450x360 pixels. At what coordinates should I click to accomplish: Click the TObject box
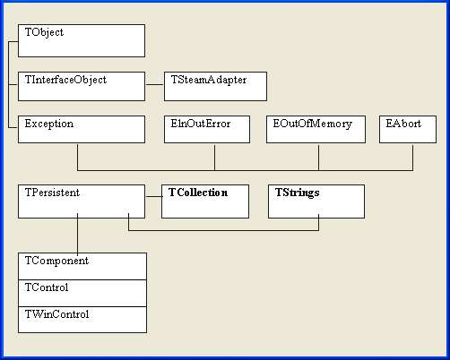pyautogui.click(x=82, y=40)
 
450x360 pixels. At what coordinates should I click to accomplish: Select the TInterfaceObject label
pyautogui.click(x=65, y=80)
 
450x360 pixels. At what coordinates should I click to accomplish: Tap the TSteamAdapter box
pyautogui.click(x=215, y=86)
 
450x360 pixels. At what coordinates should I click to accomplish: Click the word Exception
pyautogui.click(x=49, y=124)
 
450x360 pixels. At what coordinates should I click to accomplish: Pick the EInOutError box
pyautogui.click(x=207, y=130)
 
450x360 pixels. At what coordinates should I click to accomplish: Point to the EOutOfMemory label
pyautogui.click(x=313, y=124)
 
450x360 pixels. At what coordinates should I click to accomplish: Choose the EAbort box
pyautogui.click(x=408, y=130)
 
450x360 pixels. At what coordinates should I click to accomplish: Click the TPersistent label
pyautogui.click(x=52, y=193)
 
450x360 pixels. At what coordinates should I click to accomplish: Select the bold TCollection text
pyautogui.click(x=198, y=193)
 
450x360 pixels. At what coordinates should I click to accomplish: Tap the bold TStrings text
pyautogui.click(x=298, y=193)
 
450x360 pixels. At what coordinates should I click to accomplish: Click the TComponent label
pyautogui.click(x=56, y=261)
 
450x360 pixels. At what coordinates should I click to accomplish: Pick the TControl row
pyautogui.click(x=82, y=293)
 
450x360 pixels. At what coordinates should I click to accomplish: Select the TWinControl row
pyautogui.click(x=82, y=320)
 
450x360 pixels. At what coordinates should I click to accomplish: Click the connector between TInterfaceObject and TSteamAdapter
pyautogui.click(x=155, y=84)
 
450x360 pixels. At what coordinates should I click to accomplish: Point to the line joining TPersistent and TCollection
pyautogui.click(x=154, y=196)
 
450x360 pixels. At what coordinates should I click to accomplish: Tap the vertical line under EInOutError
pyautogui.click(x=214, y=158)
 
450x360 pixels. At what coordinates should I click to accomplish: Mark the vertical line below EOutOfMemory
pyautogui.click(x=318, y=158)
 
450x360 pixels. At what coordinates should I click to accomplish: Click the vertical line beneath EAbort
pyautogui.click(x=413, y=158)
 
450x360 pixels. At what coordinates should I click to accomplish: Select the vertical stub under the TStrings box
pyautogui.click(x=319, y=222)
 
